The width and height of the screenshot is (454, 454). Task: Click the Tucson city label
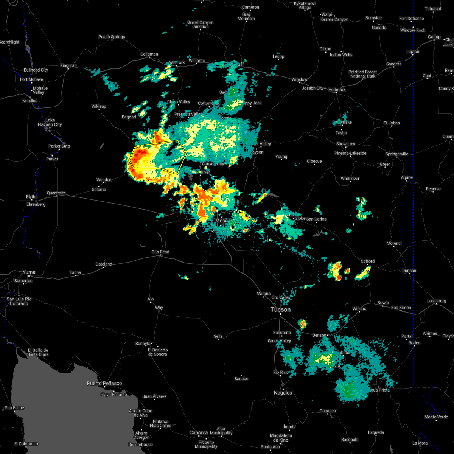(x=280, y=309)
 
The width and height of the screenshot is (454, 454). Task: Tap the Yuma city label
(x=29, y=272)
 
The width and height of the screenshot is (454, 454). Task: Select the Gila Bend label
(x=160, y=252)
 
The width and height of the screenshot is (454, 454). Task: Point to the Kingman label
(x=68, y=65)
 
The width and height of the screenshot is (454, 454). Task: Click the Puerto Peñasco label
(x=104, y=383)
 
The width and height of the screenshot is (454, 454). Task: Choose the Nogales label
(x=283, y=393)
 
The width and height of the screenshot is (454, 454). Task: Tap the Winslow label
(x=299, y=79)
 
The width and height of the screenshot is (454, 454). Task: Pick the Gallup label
(x=434, y=37)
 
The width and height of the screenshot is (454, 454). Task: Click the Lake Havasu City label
(x=50, y=122)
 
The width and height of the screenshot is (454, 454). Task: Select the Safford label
(x=367, y=261)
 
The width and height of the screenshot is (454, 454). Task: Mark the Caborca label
(x=199, y=432)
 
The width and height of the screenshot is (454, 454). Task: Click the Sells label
(x=218, y=336)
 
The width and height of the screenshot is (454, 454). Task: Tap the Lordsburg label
(x=437, y=301)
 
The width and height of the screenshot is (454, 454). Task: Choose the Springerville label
(x=397, y=154)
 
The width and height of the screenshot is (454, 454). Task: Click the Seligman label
(x=149, y=54)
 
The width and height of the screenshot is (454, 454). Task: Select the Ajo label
(x=151, y=299)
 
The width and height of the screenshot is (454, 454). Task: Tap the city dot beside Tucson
(x=281, y=314)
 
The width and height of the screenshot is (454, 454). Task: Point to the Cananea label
(x=328, y=411)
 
